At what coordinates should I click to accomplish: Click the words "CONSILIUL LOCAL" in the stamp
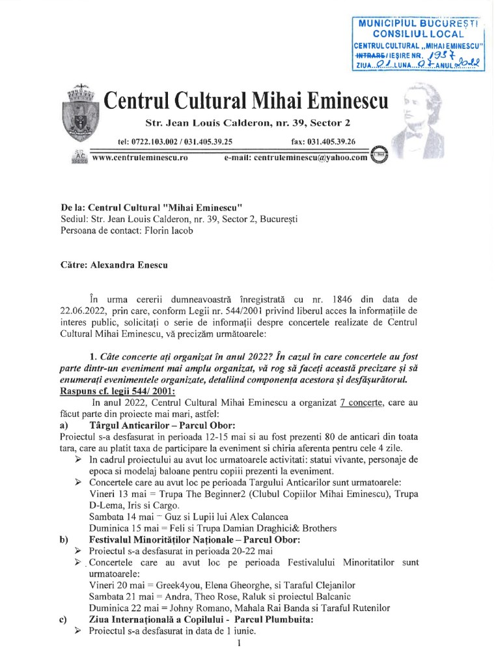tap(418, 33)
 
